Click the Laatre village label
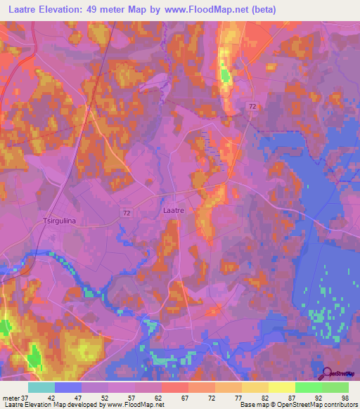pos(173,209)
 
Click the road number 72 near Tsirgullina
pos(126,211)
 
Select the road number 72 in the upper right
pos(252,105)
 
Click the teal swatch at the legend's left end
pos(41,387)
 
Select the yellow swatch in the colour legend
pos(281,387)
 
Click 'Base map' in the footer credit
pos(255,405)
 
